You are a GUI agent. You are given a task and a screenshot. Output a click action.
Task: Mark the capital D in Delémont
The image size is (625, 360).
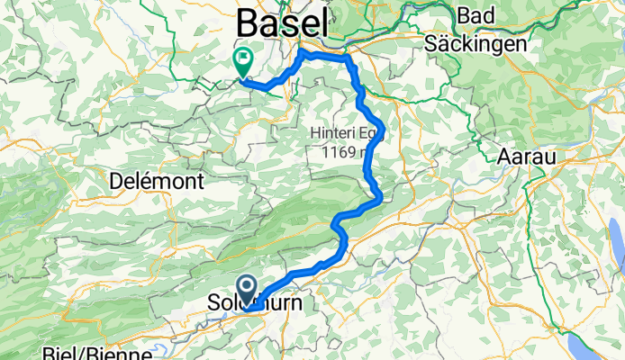(113, 181)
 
